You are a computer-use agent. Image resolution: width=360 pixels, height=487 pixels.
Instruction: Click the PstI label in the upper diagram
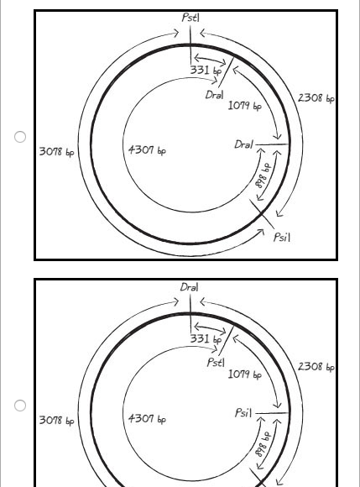point(190,18)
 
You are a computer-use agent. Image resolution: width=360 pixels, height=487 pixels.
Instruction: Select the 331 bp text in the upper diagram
point(206,71)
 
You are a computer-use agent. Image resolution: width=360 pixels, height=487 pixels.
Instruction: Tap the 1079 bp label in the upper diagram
point(245,106)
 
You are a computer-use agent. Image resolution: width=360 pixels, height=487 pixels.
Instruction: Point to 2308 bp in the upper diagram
point(316,98)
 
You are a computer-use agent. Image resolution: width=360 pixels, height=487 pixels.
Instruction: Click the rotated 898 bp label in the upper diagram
point(263,175)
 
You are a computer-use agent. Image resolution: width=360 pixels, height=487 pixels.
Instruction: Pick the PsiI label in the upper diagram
point(282,238)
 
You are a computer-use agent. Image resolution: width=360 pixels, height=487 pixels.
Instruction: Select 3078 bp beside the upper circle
point(57,152)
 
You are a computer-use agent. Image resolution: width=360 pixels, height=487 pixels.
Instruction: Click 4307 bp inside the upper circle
point(148,150)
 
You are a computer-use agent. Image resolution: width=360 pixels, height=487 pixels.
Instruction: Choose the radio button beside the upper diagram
point(20,137)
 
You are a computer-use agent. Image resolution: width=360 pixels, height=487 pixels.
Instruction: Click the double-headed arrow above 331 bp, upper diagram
point(210,59)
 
